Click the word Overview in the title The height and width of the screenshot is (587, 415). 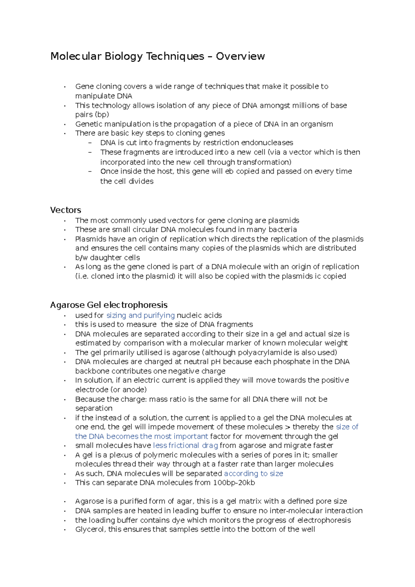240,56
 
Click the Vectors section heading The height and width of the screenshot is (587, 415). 65,210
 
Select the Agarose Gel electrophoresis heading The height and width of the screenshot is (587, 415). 109,305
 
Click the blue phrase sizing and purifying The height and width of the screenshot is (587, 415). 140,315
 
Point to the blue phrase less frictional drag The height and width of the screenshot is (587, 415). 185,445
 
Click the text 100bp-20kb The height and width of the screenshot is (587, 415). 234,483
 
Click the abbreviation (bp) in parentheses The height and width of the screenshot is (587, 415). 102,114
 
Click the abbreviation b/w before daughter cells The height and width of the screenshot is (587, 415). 82,258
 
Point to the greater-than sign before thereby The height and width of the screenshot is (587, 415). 287,427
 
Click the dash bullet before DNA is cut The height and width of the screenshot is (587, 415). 90,143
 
